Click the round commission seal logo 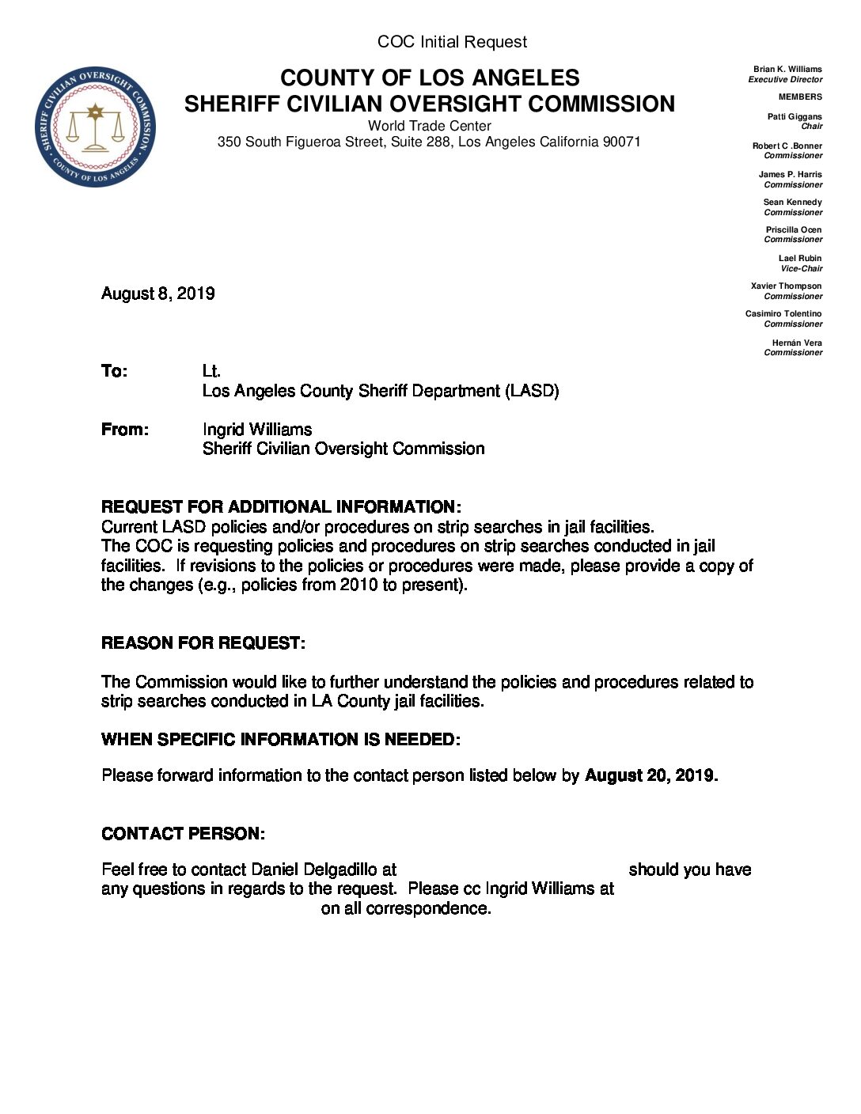tap(95, 127)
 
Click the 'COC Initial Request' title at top tap(452, 42)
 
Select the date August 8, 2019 tap(158, 294)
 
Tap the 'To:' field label tap(114, 371)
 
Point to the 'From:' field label tap(124, 430)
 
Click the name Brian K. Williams tap(787, 70)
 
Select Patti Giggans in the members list tap(795, 116)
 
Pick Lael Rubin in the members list tap(800, 258)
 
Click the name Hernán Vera tap(797, 343)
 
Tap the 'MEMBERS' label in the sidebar tap(800, 97)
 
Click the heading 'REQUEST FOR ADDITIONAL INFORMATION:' tap(281, 507)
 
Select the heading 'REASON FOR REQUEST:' tap(203, 643)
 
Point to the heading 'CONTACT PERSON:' tap(183, 834)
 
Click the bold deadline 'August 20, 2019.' tap(651, 775)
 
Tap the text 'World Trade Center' tap(429, 126)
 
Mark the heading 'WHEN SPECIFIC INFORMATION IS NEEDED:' tap(281, 740)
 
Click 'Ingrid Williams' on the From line tap(257, 430)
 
